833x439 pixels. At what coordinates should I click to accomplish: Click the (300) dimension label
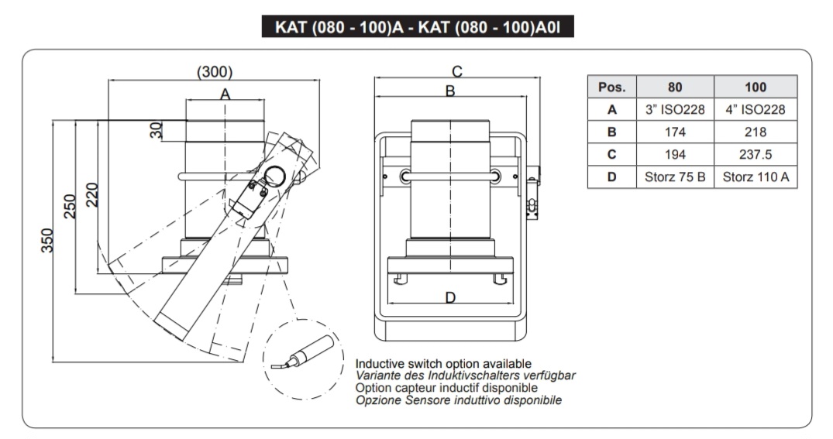click(215, 72)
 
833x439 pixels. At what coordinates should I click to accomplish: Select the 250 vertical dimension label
click(70, 207)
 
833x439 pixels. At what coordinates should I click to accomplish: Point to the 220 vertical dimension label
click(92, 197)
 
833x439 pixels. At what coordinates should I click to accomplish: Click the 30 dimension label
click(157, 129)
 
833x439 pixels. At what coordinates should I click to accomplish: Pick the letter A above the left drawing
click(225, 94)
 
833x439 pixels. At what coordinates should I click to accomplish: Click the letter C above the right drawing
click(457, 71)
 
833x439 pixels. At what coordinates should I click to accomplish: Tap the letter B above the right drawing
click(449, 91)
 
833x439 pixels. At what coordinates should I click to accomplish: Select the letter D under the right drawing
click(450, 297)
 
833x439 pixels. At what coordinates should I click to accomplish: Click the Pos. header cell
click(611, 87)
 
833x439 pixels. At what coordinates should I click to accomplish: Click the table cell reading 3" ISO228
click(675, 109)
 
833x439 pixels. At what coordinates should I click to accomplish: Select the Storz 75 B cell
click(675, 177)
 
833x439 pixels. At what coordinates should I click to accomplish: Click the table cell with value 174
click(675, 132)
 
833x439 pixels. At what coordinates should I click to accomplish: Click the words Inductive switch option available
click(443, 363)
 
